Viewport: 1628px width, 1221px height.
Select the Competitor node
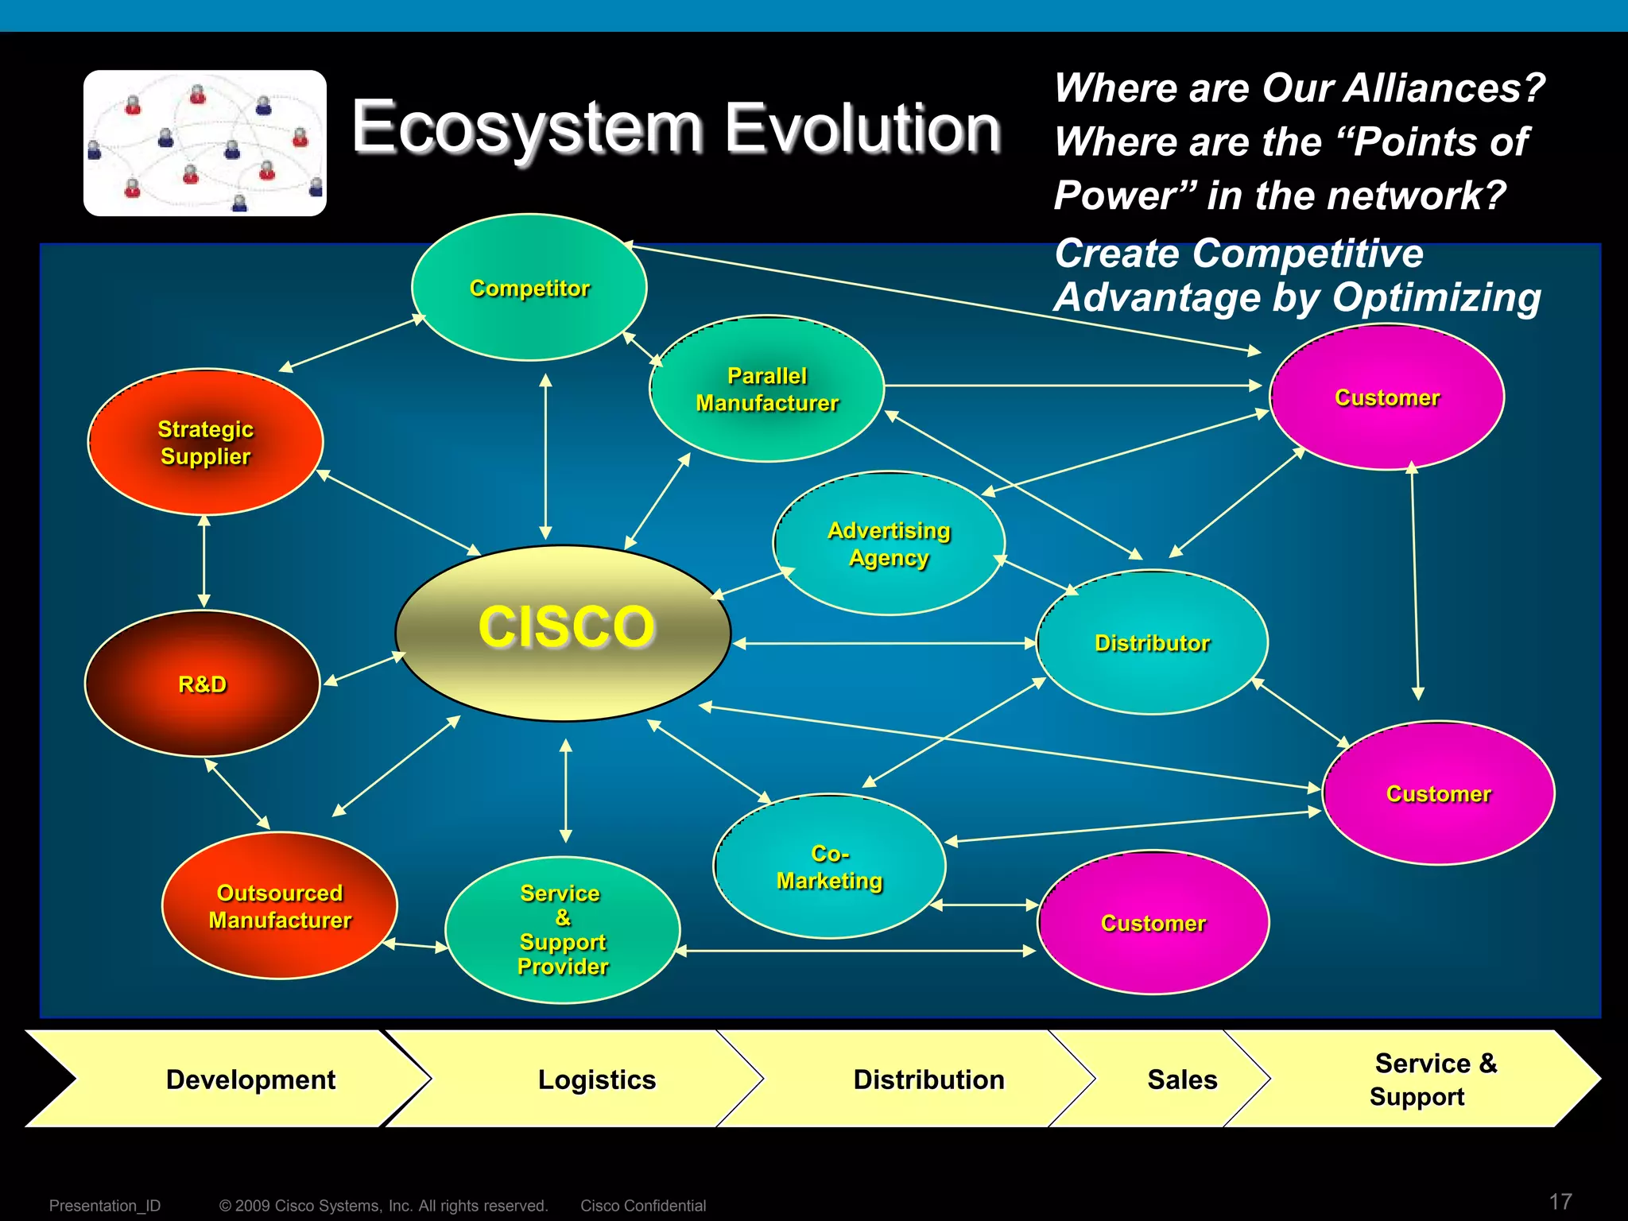point(529,288)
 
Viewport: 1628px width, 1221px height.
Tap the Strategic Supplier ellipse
point(205,442)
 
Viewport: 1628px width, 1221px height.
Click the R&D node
point(202,684)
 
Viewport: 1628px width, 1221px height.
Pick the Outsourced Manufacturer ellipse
point(280,906)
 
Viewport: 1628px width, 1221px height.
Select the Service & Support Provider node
point(563,930)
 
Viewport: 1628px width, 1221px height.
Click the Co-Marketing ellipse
point(829,866)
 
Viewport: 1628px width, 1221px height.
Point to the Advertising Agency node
point(889,544)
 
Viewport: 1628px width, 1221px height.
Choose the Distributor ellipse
point(1152,642)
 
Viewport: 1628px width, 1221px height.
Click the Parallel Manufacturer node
point(767,390)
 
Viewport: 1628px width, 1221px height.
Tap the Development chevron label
point(250,1080)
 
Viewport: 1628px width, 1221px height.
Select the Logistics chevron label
point(596,1080)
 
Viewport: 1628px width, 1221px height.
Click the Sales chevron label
point(1182,1080)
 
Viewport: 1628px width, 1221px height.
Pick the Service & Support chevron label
point(1435,1080)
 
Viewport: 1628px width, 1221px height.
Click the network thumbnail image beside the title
point(205,143)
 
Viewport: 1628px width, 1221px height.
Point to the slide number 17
point(1560,1201)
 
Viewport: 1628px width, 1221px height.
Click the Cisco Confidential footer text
point(643,1206)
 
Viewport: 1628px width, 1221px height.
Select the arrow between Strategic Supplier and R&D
point(204,561)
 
